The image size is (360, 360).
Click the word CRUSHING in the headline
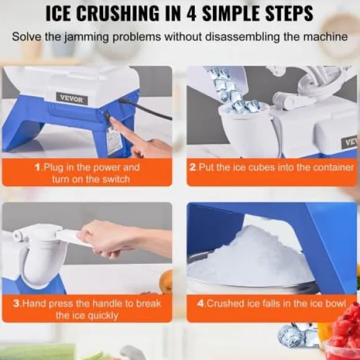[117, 13]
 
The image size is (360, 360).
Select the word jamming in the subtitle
[86, 37]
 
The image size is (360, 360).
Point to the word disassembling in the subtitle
[243, 37]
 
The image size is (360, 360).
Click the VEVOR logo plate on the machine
[71, 99]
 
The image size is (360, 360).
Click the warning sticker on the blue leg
[114, 141]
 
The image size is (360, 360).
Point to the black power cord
[147, 110]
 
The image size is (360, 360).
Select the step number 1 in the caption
[38, 167]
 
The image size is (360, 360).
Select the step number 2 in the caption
[193, 167]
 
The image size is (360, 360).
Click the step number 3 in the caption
[17, 304]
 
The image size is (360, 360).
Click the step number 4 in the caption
[201, 304]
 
